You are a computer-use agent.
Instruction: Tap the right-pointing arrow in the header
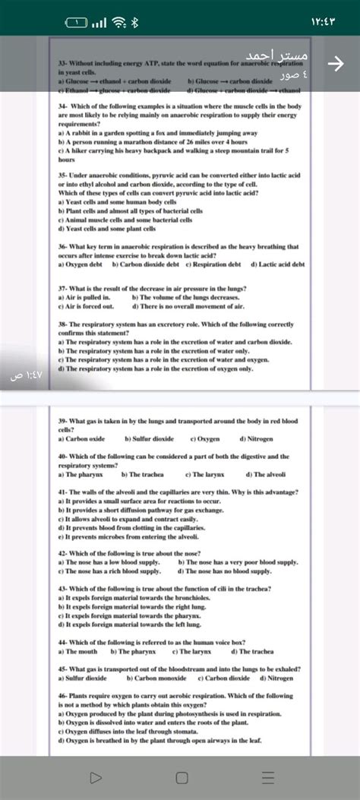coord(331,65)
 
